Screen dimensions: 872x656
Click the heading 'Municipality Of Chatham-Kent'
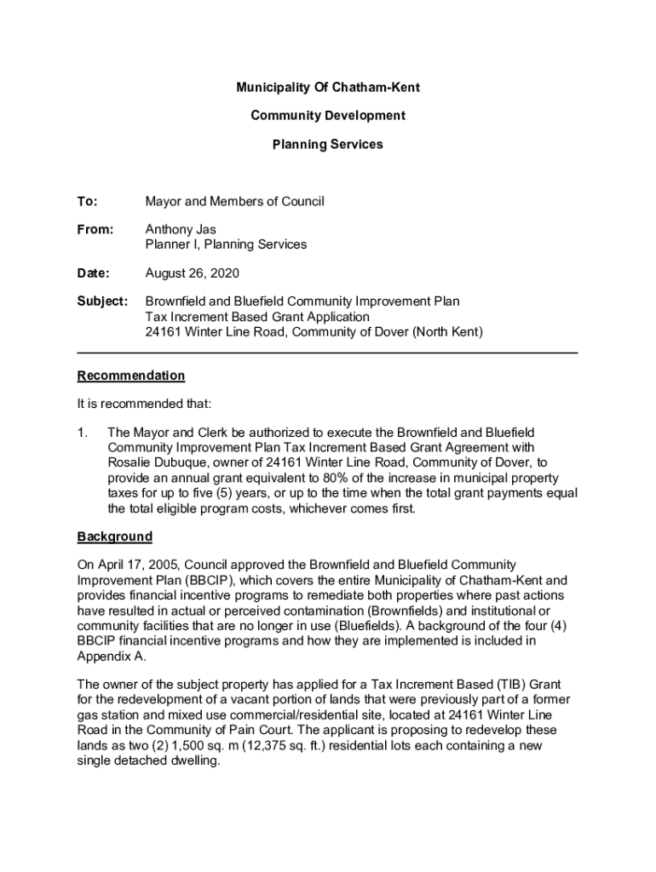328,88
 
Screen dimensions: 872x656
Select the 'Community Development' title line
328,116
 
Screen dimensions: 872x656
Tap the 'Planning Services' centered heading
328,145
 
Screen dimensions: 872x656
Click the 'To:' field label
87,202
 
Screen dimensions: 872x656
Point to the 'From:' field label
95,230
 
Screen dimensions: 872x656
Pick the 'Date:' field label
94,273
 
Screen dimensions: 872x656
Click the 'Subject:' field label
102,302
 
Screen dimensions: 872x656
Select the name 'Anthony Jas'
181,230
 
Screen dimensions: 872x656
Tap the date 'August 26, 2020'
192,273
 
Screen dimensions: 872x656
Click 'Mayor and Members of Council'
234,202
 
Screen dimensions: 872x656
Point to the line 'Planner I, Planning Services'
226,244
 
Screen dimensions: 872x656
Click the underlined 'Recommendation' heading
130,376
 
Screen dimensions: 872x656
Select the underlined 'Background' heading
115,536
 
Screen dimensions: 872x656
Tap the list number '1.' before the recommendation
83,433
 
